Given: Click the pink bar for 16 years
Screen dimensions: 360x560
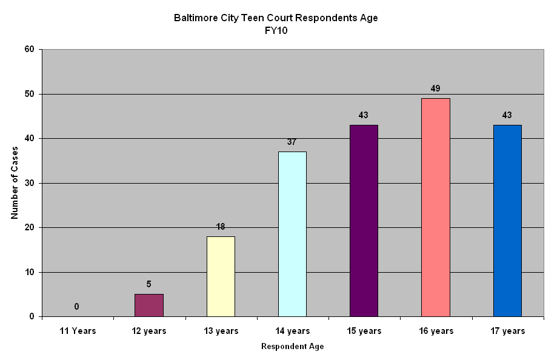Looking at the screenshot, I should click(x=435, y=207).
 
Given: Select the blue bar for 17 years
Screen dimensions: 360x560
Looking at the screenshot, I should click(x=507, y=221).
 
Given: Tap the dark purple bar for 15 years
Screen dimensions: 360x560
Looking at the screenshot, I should click(x=364, y=221).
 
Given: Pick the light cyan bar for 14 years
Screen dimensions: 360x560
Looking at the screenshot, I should click(x=292, y=234).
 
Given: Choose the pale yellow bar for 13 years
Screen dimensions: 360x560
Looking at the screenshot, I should click(x=221, y=276).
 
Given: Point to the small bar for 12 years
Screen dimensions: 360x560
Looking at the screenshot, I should click(x=149, y=305).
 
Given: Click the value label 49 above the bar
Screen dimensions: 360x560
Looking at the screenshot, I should click(x=435, y=88).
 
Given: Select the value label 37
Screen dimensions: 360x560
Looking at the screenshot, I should click(x=292, y=142).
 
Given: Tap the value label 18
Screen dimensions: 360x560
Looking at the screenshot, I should click(x=221, y=227).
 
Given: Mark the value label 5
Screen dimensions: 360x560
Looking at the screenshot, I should click(x=149, y=283).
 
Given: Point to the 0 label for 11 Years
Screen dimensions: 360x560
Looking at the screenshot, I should click(x=76, y=307).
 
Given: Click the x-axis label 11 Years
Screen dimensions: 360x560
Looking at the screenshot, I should click(x=78, y=331).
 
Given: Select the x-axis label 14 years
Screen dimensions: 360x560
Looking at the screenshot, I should click(x=292, y=331).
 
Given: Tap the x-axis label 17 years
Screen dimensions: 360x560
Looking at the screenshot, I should click(x=507, y=331).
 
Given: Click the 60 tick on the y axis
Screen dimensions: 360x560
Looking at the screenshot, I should click(x=29, y=49).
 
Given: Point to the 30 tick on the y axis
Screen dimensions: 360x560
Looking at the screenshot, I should click(x=29, y=183).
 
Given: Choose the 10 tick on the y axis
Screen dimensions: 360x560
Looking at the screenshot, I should click(x=29, y=272).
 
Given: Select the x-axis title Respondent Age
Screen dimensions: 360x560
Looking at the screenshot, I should click(x=292, y=347).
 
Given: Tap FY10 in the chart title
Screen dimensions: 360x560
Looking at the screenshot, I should click(x=276, y=30).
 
